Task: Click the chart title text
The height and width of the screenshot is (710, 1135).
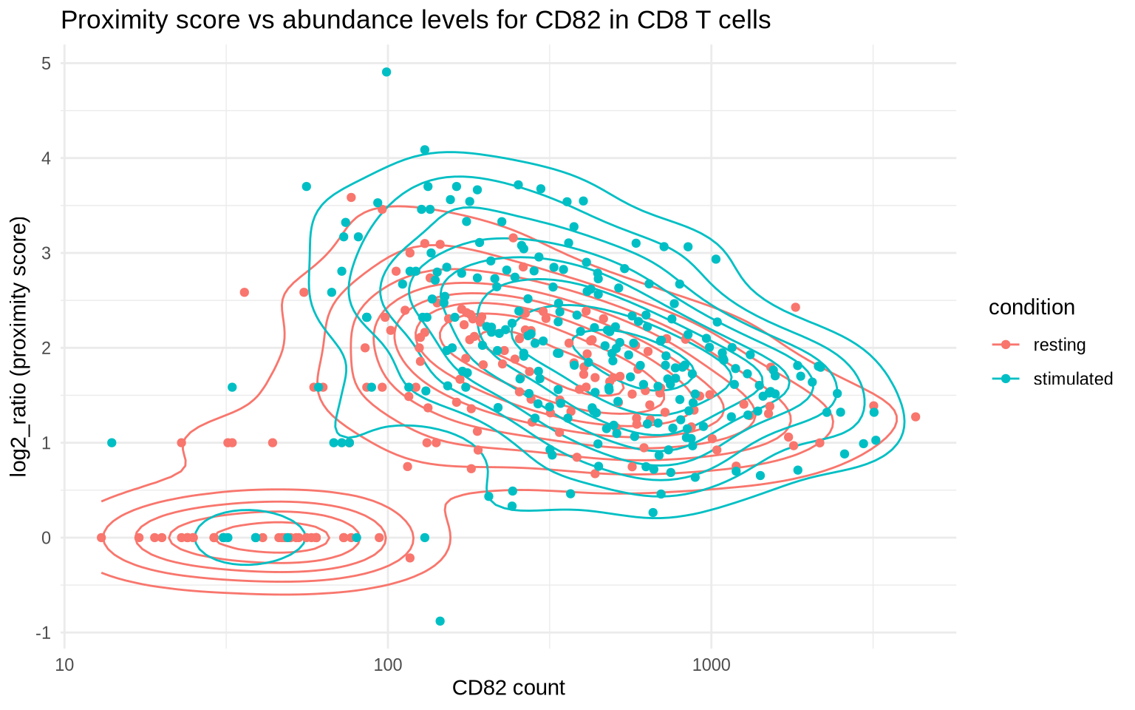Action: click(415, 20)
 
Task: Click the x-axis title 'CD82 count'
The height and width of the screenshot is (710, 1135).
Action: click(508, 688)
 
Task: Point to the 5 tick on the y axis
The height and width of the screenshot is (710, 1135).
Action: click(46, 64)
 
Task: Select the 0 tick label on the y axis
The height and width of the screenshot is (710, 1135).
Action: click(46, 538)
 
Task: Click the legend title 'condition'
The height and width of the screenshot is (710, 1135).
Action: click(1032, 308)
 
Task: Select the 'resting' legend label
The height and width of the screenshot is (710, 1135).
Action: click(1059, 345)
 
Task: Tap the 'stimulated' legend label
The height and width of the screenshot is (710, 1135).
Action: click(1072, 379)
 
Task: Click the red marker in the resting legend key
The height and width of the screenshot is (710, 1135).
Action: click(1005, 345)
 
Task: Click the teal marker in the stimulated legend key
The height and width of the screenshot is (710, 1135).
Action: click(1005, 379)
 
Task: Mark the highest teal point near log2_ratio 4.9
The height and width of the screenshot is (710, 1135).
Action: click(386, 72)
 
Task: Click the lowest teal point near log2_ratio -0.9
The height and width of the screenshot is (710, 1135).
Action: click(440, 621)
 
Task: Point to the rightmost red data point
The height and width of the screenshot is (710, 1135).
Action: click(916, 416)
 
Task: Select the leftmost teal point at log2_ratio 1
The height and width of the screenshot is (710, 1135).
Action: click(112, 442)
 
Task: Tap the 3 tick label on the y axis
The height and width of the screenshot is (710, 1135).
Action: click(46, 253)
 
